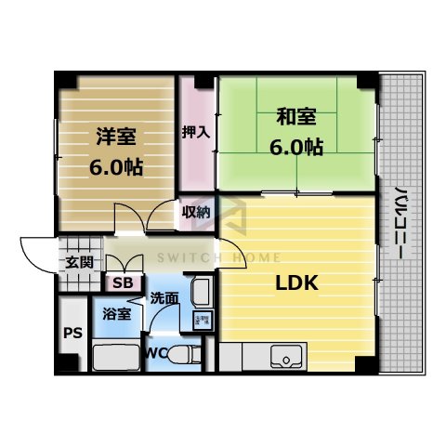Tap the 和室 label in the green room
point(295,118)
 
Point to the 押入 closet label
point(195,132)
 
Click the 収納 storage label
point(195,213)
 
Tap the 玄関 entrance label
point(78,262)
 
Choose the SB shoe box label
point(121,282)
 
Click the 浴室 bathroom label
point(116,314)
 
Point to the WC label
point(155,353)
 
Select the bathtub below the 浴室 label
point(116,357)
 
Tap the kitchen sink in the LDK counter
point(284,355)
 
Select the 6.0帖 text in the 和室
point(295,147)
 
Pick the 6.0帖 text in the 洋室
point(115,167)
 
